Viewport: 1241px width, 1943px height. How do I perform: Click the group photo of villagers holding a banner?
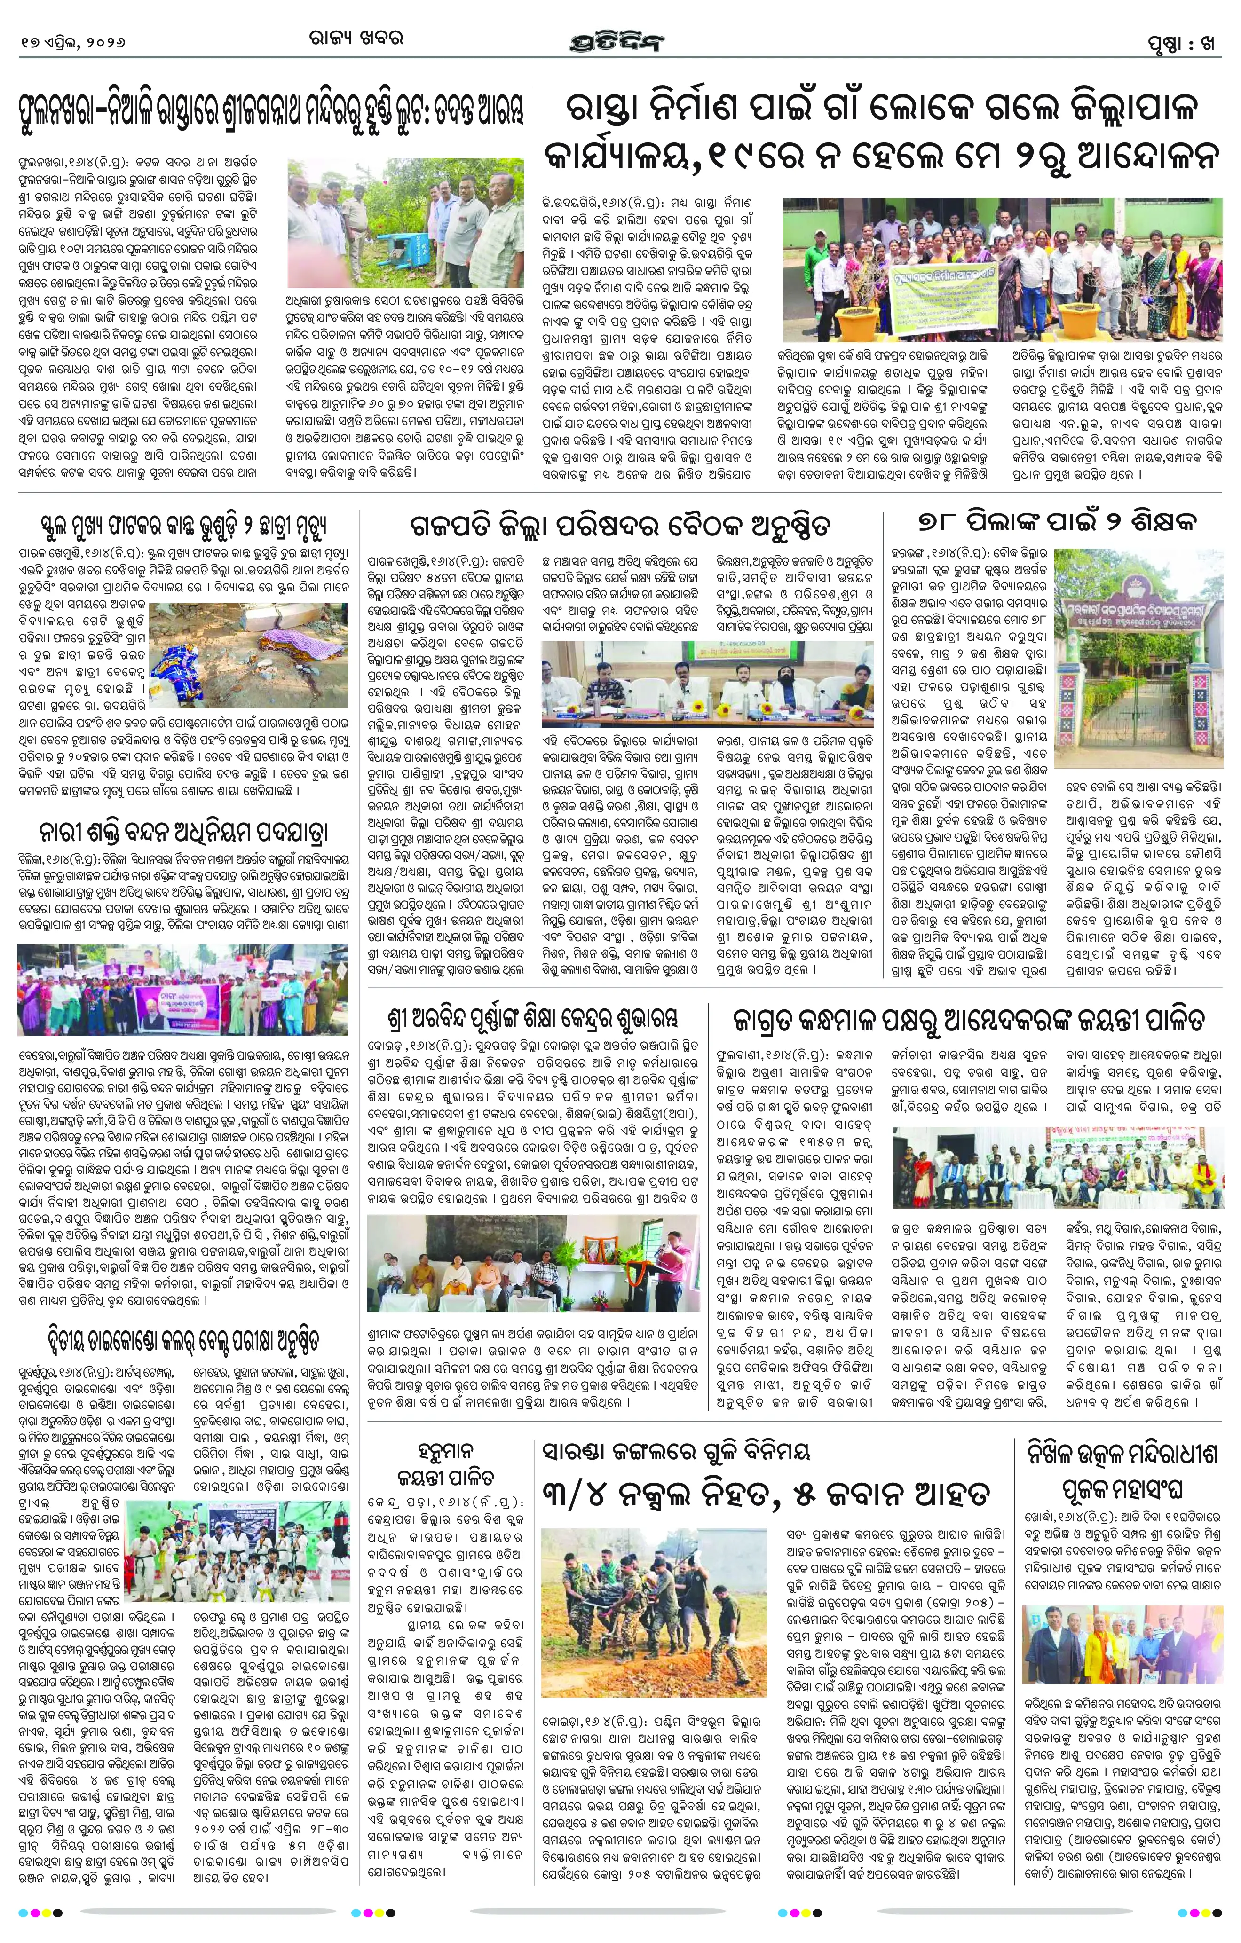click(x=990, y=269)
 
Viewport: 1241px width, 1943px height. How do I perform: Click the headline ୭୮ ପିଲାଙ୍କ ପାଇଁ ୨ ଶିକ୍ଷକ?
click(x=1057, y=523)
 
